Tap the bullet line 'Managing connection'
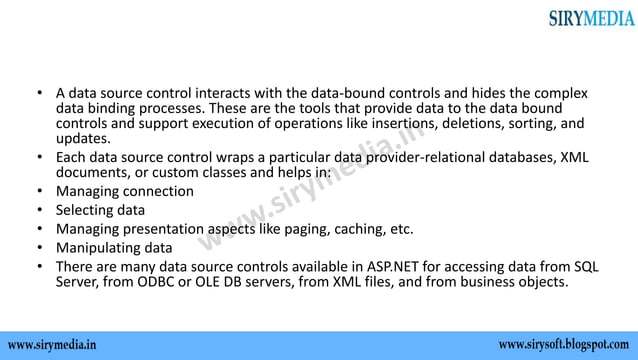pyautogui.click(x=124, y=191)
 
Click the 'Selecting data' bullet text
pyautogui.click(x=99, y=210)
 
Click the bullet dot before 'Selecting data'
pyautogui.click(x=39, y=210)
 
